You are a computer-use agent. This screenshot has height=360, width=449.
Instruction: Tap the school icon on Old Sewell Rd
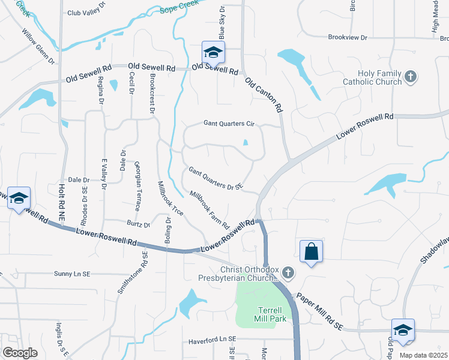click(x=213, y=53)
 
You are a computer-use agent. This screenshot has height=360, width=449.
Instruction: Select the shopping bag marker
click(x=312, y=251)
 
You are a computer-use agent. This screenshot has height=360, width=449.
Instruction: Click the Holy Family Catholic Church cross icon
click(x=411, y=76)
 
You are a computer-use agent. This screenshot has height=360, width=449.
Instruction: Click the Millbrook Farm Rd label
click(x=209, y=211)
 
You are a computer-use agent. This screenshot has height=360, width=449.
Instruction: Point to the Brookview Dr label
click(x=348, y=37)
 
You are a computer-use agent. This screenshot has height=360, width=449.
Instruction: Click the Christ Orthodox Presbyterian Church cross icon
click(x=289, y=274)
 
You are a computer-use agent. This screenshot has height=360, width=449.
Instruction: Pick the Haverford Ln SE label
click(x=212, y=339)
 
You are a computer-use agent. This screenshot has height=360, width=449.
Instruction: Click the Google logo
click(x=20, y=353)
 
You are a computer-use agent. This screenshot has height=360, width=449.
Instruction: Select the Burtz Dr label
click(x=138, y=224)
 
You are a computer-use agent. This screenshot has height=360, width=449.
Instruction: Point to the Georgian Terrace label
click(x=137, y=185)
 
